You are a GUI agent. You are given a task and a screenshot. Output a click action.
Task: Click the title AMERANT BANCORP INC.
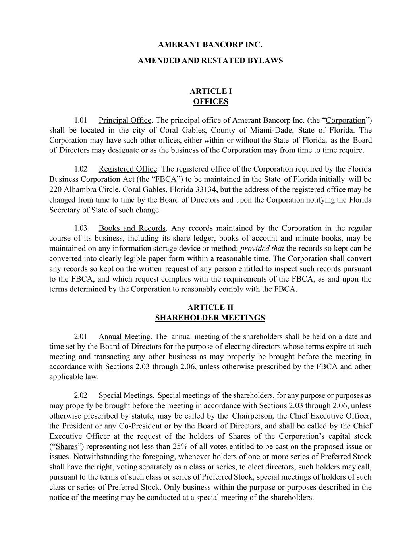[210, 44]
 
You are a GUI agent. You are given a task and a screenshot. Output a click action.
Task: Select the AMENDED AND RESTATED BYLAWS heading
[210, 61]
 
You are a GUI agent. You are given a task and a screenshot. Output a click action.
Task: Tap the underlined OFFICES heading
[210, 102]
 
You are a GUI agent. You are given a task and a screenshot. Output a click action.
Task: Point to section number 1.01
[81, 120]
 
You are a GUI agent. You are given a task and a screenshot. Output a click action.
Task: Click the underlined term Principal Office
[125, 120]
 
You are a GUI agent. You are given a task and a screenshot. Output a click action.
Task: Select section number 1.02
[81, 169]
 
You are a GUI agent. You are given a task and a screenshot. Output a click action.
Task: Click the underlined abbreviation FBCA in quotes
[166, 179]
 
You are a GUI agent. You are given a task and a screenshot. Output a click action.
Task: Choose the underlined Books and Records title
[132, 228]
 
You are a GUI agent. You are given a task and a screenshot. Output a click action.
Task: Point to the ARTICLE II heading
[210, 307]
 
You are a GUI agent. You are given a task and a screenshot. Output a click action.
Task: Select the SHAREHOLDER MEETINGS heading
[210, 318]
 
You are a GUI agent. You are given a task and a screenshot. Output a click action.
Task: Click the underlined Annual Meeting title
[124, 337]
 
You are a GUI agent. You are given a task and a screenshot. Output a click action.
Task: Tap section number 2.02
[81, 395]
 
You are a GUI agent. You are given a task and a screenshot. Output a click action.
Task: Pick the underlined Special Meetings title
[126, 395]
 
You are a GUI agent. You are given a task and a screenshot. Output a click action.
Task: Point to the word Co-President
[129, 426]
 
